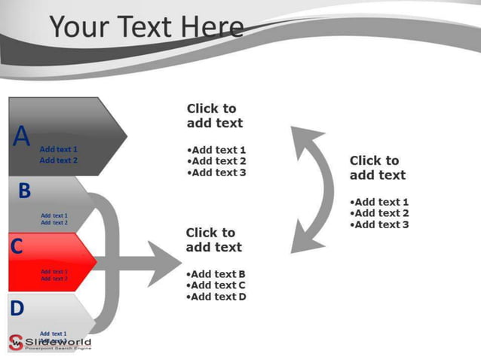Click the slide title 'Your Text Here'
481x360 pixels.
(x=147, y=27)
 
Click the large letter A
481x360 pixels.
(x=22, y=137)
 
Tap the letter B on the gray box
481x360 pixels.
(x=24, y=191)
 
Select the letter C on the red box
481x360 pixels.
(x=17, y=246)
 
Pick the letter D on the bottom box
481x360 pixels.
(x=17, y=307)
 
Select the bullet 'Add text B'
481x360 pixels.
(x=216, y=274)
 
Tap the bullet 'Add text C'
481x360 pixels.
(x=216, y=285)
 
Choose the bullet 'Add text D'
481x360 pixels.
(x=216, y=297)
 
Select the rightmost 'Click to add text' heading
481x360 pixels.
(x=377, y=168)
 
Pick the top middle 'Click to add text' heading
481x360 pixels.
(x=214, y=116)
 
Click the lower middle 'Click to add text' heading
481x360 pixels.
(x=213, y=240)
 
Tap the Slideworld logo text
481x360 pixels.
(x=58, y=343)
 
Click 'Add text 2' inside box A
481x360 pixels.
(x=58, y=160)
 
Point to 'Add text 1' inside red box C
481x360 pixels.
(x=54, y=271)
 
